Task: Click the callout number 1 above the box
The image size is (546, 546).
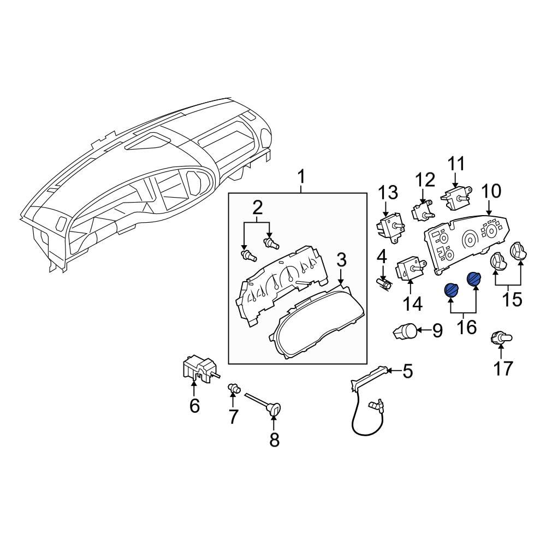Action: coord(301,177)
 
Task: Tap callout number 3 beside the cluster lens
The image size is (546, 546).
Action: coord(341,260)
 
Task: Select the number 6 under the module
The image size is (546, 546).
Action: coord(194,406)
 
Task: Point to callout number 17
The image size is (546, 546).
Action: coord(503,369)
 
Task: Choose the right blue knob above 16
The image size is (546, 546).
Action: coord(474,279)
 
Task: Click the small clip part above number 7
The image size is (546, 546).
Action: coord(234,389)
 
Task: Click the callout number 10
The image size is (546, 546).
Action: coord(491,191)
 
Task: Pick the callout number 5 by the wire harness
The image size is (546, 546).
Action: coord(408,372)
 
